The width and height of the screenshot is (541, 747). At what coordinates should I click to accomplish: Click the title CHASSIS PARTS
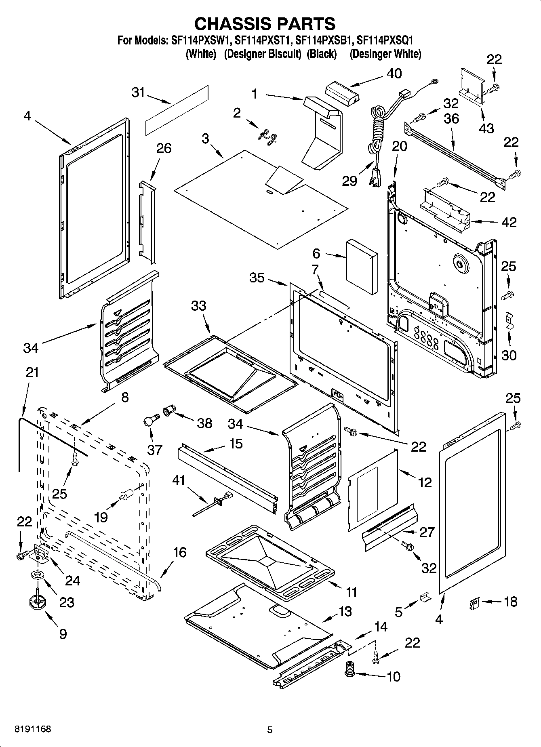click(x=265, y=24)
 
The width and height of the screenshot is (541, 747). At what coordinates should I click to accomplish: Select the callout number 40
click(x=394, y=74)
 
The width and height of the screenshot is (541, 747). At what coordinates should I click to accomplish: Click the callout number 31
click(x=138, y=93)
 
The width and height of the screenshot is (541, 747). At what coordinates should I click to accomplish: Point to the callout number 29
click(x=349, y=181)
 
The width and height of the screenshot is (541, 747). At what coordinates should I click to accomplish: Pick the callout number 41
click(x=179, y=480)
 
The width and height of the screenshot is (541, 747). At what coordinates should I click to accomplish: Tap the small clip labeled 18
click(x=473, y=604)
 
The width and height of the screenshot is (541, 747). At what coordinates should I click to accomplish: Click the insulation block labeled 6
click(x=362, y=267)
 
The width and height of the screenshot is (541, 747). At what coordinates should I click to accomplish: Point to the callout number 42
click(x=509, y=222)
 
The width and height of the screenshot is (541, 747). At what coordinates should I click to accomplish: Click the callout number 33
click(x=198, y=306)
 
